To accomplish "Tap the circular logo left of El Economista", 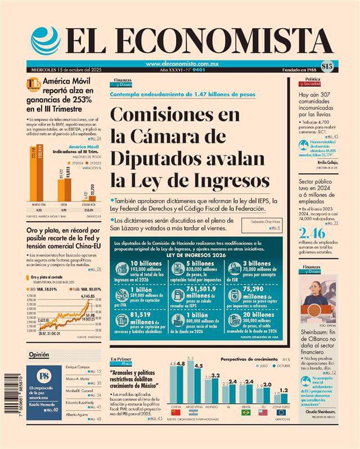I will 46,41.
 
